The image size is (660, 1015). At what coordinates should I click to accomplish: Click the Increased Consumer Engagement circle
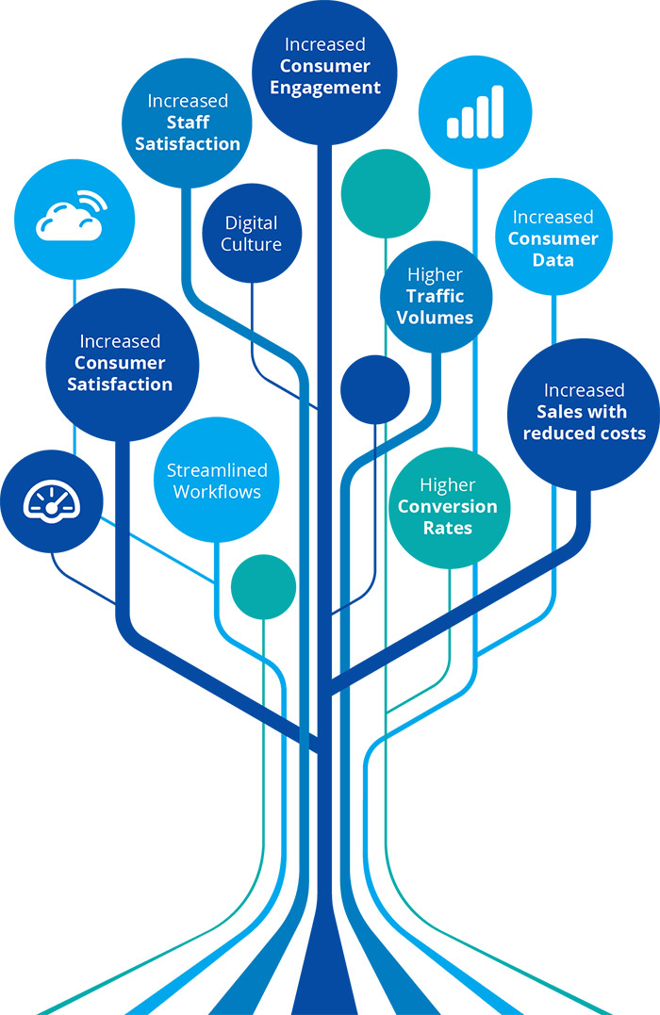point(323,68)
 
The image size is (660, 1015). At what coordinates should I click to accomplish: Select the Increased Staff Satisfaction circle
point(188,123)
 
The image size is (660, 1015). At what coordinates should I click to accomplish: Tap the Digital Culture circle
point(253,234)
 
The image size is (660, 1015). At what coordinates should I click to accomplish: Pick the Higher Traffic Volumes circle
point(435,296)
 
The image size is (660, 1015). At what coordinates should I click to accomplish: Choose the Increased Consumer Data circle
point(553,238)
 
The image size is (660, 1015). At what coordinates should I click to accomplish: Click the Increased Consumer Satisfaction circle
point(122,363)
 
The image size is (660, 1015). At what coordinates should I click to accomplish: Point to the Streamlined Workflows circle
point(217,481)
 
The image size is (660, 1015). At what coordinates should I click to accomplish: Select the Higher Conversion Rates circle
point(448,507)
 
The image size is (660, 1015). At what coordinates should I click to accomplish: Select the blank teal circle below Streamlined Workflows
point(263,587)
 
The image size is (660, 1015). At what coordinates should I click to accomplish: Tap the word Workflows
point(218,491)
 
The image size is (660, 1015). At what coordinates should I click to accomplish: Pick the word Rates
point(448,528)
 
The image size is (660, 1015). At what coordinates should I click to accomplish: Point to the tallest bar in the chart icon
point(497,109)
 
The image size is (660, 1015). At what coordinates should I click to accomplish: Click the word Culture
point(253,245)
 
